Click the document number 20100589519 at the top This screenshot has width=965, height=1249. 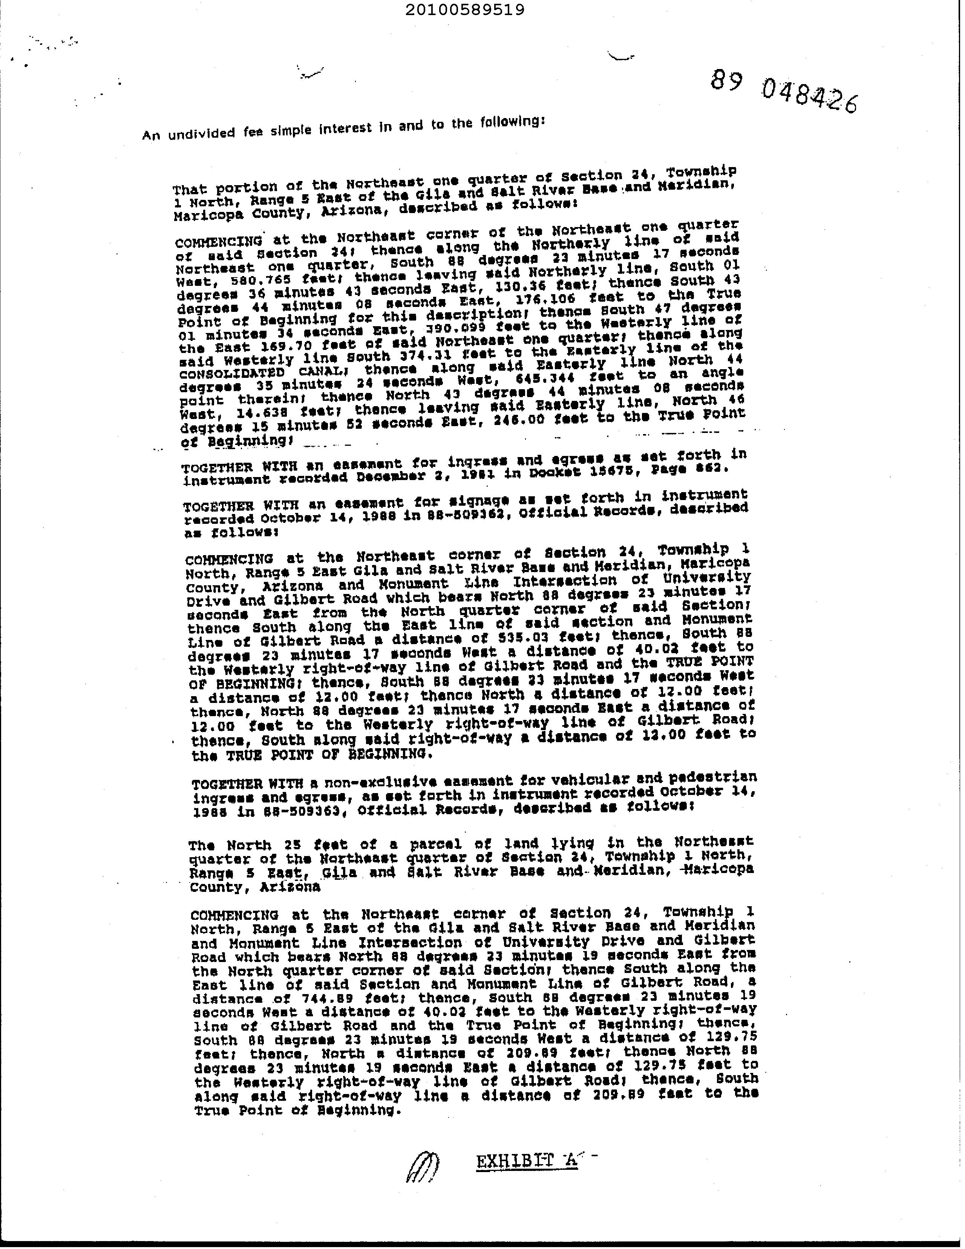pyautogui.click(x=464, y=10)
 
